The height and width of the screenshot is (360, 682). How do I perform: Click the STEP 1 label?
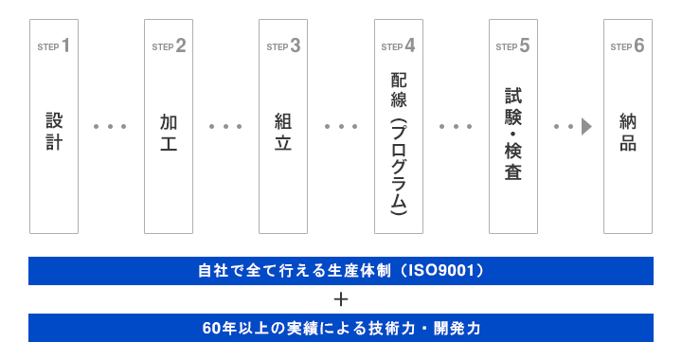click(x=54, y=45)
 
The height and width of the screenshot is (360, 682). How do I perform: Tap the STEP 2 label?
click(x=169, y=45)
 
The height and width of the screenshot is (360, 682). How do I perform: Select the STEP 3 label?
click(x=283, y=45)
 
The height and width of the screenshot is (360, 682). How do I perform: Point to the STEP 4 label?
click(x=398, y=45)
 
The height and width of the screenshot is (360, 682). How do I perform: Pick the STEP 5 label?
click(x=512, y=45)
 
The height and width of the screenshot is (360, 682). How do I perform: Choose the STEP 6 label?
click(x=627, y=45)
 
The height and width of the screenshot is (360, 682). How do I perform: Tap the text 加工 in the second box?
click(x=169, y=132)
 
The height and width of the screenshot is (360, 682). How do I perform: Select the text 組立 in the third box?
click(x=283, y=132)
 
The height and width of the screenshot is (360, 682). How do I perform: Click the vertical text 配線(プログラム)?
click(x=398, y=142)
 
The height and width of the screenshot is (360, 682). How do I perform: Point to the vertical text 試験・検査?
click(x=512, y=134)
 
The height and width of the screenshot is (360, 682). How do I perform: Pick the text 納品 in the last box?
click(x=627, y=132)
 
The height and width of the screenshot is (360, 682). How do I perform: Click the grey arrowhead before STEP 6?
click(x=586, y=126)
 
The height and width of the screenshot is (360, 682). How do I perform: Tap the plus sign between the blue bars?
click(x=341, y=299)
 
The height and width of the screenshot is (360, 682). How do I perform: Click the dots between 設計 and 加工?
click(x=111, y=126)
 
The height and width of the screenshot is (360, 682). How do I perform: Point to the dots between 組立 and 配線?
click(x=341, y=126)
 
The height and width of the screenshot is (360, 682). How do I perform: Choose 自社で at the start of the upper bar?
click(x=221, y=271)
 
